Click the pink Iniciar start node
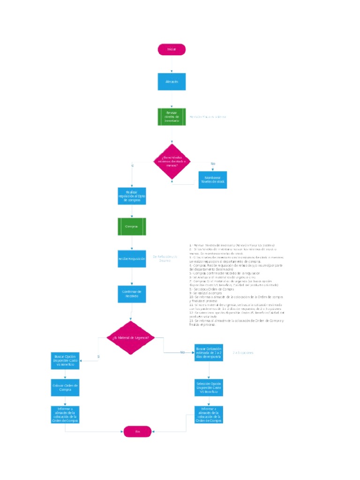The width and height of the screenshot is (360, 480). pos(172,50)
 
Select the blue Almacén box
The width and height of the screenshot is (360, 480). pos(172,82)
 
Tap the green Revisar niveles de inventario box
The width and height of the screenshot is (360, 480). pos(172,117)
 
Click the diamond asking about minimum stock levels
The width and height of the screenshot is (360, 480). pos(172,161)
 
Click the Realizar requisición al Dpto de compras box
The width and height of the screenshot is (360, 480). pos(132,196)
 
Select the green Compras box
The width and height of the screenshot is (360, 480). pos(132,226)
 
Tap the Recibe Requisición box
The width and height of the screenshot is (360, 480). pos(132,258)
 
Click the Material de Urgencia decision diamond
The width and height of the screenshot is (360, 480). pos(131,337)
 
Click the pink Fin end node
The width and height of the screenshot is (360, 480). pos(138,431)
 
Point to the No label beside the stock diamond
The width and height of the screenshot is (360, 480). pos(213,163)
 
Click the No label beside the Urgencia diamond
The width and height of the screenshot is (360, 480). pos(182,352)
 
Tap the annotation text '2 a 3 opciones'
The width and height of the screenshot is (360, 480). pos(243,352)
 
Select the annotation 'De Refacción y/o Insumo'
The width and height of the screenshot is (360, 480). pos(165,258)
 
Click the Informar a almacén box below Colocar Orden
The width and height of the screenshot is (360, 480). pos(65,414)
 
